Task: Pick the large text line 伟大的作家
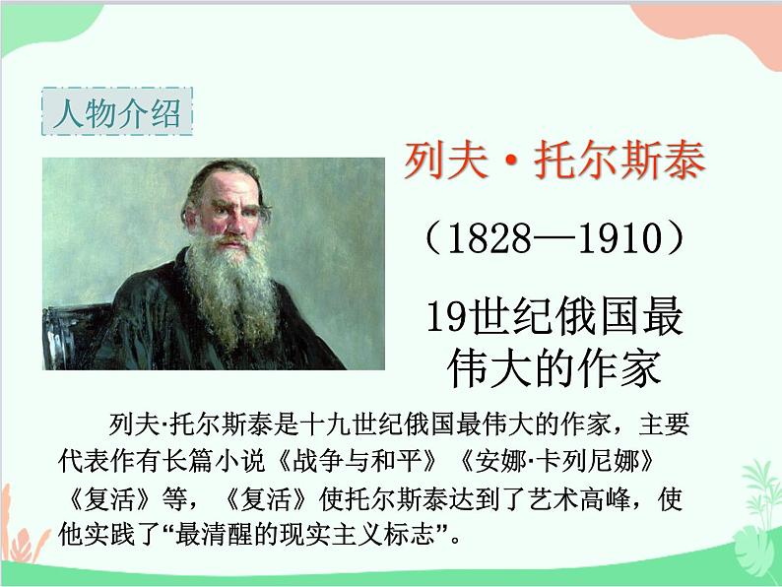point(553,368)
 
